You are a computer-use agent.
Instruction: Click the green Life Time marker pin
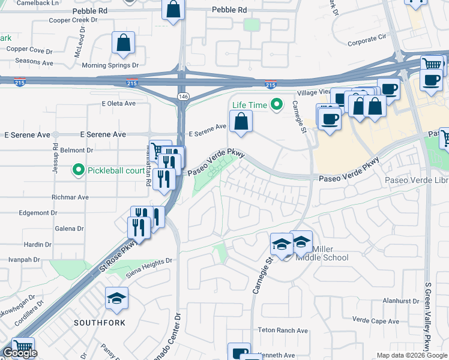pos(276,105)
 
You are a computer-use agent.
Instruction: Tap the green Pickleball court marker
pos(78,170)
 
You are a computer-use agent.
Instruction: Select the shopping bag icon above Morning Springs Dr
pos(123,44)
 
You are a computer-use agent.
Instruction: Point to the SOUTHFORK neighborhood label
pos(100,323)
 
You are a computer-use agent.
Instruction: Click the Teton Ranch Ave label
pos(283,331)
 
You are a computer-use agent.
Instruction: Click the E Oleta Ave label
pos(119,104)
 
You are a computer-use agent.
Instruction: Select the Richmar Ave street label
pos(71,197)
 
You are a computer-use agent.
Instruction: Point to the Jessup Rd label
pos(55,155)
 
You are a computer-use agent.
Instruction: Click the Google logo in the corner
pos(20,353)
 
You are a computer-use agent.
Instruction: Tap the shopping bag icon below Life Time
pos(241,122)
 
